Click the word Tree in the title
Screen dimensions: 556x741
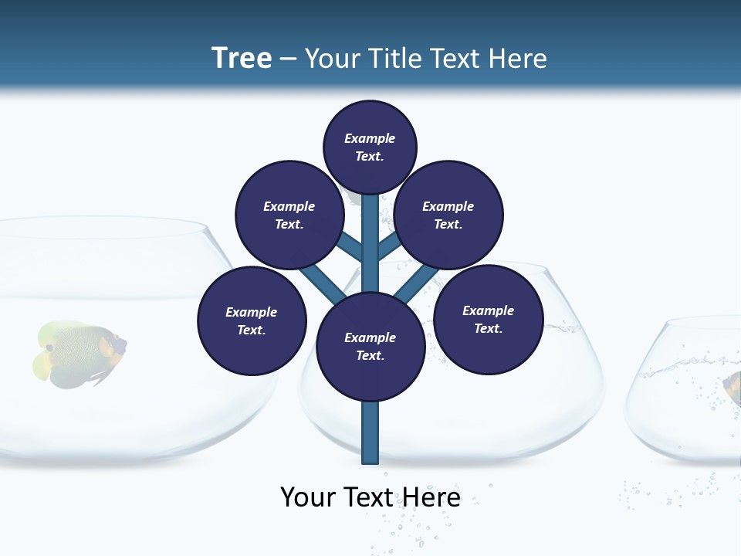coord(242,58)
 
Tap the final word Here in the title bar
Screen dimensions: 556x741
coord(517,59)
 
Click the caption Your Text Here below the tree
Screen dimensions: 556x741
coord(370,497)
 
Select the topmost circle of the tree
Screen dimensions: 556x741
coord(370,147)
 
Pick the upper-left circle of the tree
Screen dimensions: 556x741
coord(289,215)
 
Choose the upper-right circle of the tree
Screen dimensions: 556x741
coord(448,215)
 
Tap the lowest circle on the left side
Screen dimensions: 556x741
coord(251,320)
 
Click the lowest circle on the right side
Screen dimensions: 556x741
coord(488,319)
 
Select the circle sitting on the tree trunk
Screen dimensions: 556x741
coord(370,347)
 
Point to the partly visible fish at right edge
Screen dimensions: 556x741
coord(732,386)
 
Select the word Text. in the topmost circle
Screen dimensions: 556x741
coord(370,156)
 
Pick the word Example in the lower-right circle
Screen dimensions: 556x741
coord(488,310)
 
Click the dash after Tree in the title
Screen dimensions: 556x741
coord(288,59)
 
